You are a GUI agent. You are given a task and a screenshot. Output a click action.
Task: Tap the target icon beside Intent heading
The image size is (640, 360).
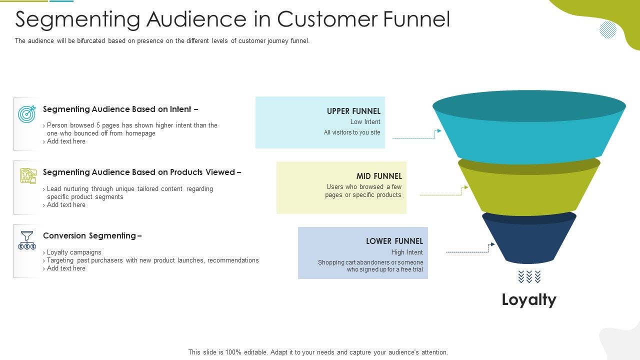coord(27,114)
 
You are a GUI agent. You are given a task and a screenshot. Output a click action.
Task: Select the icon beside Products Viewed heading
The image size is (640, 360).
coord(28,176)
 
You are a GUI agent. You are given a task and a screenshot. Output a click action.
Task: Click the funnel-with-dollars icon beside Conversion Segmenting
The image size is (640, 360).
coord(27,240)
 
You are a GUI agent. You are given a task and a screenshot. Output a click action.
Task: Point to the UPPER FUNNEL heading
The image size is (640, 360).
coord(353,111)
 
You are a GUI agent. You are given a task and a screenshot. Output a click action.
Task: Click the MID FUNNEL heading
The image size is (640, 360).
coord(379,176)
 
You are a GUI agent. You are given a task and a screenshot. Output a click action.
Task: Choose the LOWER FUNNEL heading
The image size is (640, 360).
coord(394,241)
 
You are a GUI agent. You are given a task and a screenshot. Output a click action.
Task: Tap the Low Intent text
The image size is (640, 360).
coord(365,122)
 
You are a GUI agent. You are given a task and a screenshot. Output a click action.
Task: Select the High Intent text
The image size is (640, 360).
coord(407,252)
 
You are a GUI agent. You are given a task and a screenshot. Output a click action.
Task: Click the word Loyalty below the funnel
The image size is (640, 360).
coord(529,299)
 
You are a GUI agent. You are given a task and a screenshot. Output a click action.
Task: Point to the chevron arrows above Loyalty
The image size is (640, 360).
coord(529,276)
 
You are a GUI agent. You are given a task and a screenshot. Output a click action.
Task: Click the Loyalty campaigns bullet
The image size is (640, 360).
coord(73,252)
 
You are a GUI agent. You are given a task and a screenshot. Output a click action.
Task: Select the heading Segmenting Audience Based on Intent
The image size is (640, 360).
coord(120,109)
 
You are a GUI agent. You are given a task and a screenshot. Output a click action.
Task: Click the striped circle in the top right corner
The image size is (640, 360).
coord(608,29)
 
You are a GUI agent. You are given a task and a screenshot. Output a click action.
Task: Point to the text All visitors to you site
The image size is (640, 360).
coord(352,132)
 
